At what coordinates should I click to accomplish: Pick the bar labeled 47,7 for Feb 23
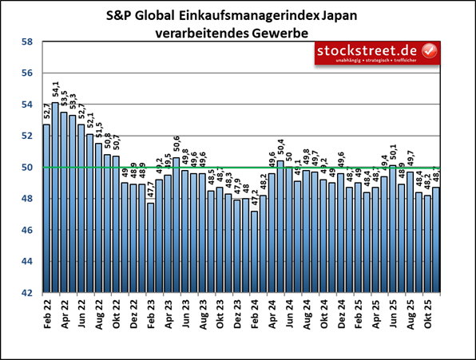150,247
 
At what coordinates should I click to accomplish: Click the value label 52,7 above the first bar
46,110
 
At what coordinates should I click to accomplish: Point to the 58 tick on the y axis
26,42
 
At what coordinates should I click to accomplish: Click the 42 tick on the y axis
26,293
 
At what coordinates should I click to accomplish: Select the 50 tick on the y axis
26,168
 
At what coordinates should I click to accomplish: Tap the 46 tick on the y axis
26,230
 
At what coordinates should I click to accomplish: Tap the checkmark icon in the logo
429,52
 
